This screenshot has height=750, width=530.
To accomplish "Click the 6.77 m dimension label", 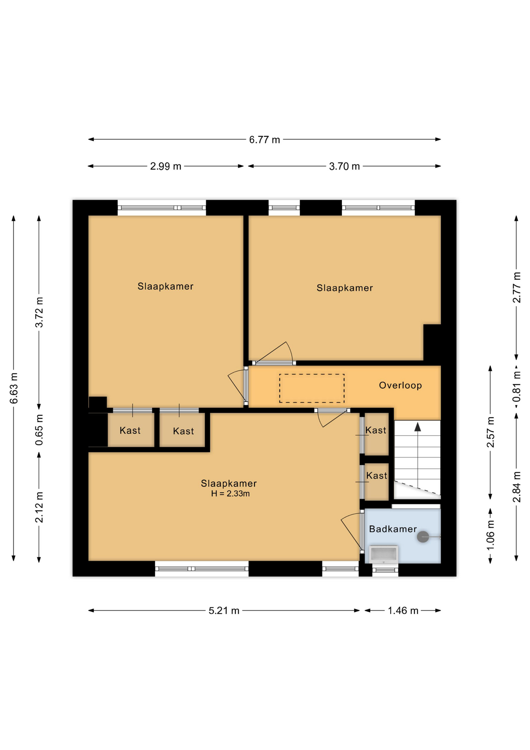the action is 265,139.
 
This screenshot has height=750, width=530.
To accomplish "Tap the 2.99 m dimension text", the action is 166,166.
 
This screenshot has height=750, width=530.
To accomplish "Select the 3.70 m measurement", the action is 344,166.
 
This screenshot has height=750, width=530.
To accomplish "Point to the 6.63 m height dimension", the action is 14,388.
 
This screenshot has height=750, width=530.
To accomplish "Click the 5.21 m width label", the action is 224,611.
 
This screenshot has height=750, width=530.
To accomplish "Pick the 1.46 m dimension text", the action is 403,611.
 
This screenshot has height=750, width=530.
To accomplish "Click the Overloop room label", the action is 400,386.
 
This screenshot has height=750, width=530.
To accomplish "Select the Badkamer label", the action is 393,529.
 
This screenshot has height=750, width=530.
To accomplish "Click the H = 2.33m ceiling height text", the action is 230,494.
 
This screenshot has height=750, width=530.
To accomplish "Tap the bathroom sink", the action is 384,554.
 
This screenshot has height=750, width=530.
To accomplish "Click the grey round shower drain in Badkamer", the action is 423,537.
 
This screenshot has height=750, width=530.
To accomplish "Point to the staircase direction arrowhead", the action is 418,427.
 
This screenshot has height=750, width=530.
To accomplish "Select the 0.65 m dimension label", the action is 39,430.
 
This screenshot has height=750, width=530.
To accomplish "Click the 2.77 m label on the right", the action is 516,287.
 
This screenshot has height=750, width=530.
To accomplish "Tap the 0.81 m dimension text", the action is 516,387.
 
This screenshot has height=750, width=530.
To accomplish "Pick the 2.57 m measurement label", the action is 491,432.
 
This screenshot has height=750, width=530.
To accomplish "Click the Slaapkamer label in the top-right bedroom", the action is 345,288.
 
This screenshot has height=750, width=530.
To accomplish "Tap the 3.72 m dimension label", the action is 39,312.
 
